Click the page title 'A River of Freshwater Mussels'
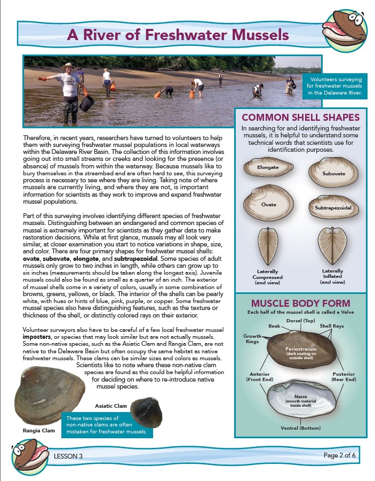pyautogui.click(x=178, y=36)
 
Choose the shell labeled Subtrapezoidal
pyautogui.click(x=331, y=206)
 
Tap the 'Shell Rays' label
pyautogui.click(x=332, y=325)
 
